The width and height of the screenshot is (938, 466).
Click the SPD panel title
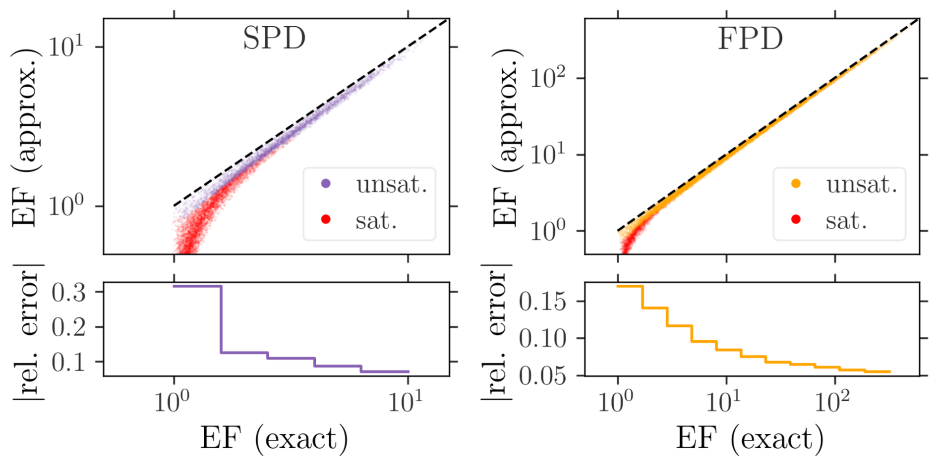click(x=274, y=38)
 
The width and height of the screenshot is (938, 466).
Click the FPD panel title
click(x=750, y=39)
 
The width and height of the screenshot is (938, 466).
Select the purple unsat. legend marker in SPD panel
click(x=326, y=184)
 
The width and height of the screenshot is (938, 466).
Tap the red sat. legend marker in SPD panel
click(x=326, y=219)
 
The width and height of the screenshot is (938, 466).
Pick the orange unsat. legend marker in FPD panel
click(x=796, y=184)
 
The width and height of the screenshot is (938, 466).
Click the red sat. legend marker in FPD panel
click(x=796, y=219)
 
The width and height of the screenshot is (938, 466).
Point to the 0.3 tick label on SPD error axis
click(x=69, y=293)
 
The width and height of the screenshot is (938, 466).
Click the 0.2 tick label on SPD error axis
click(x=69, y=327)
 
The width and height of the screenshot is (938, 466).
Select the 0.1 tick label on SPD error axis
click(x=69, y=362)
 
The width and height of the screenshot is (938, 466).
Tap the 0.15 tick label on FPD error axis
click(x=542, y=301)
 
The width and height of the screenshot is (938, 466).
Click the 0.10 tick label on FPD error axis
click(x=542, y=339)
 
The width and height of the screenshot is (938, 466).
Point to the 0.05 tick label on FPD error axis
click(x=542, y=376)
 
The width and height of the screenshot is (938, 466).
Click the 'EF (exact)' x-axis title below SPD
click(x=274, y=439)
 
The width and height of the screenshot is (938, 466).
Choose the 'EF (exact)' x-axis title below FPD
click(x=750, y=439)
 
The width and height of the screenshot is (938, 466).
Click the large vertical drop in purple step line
click(x=221, y=319)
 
